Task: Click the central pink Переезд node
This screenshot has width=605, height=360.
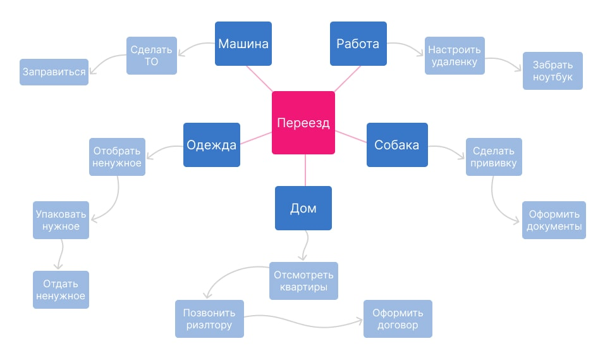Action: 303,123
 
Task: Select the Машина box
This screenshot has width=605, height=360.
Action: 243,44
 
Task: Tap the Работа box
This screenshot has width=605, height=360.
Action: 358,44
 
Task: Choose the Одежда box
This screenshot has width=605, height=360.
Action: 212,145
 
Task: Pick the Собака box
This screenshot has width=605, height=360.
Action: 396,145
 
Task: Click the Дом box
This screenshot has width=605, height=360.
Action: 303,208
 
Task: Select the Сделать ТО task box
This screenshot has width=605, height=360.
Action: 152,56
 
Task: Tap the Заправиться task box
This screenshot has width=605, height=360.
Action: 54,72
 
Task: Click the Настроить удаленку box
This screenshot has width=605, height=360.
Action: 454,56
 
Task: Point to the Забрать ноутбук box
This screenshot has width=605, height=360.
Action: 553,71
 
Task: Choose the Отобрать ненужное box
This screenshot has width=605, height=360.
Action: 117,157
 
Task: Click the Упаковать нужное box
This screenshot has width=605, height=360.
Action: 61,220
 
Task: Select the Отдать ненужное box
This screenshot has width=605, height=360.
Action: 61,290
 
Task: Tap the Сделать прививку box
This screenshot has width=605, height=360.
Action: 494,157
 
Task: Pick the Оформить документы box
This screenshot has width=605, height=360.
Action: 554,220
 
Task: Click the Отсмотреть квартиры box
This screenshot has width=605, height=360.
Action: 303,281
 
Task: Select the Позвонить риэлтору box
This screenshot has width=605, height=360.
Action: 209,319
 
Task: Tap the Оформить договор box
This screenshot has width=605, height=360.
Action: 398,319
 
